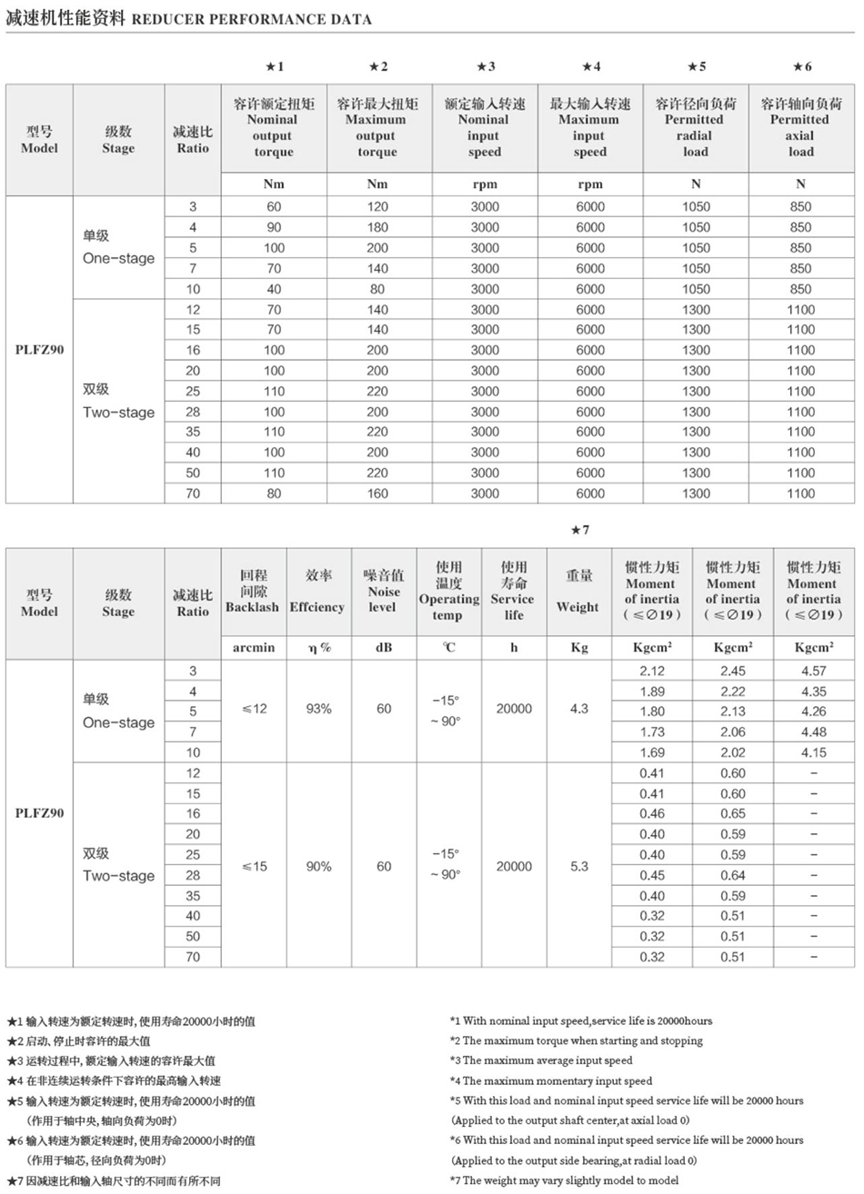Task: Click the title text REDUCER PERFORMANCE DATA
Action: coord(252,19)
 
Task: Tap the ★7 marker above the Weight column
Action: coord(579,530)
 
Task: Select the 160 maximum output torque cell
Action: coord(377,493)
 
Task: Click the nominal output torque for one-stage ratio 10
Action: coord(274,289)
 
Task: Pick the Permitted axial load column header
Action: coord(800,127)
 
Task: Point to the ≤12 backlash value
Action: coord(254,709)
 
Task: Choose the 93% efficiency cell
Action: coord(318,709)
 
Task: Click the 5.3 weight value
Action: coord(579,866)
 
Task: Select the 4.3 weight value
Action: coord(579,709)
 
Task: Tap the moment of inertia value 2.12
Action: coord(651,671)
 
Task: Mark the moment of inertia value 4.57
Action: coord(813,671)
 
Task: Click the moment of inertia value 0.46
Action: coord(651,813)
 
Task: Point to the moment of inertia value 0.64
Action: coord(733,875)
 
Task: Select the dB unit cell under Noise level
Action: coord(384,648)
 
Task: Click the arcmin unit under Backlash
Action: coord(254,648)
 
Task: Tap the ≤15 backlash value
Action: coord(254,866)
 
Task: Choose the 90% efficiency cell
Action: coord(318,866)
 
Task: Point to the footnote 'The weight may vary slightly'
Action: coord(564,1180)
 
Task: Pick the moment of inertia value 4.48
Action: coord(813,731)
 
